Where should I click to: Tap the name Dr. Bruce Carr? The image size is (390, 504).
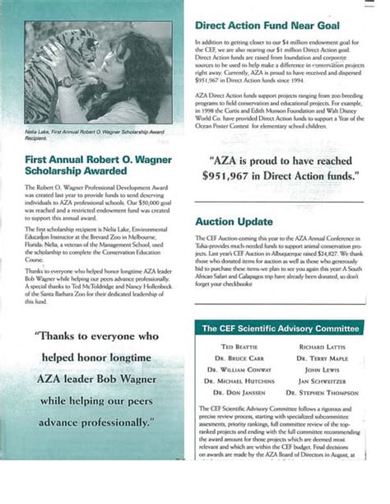pyautogui.click(x=238, y=359)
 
